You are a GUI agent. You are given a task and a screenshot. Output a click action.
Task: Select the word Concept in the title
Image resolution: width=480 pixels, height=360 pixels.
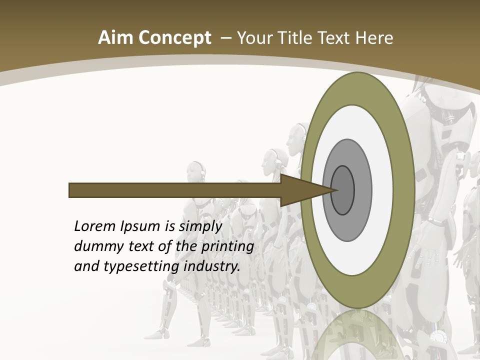click(x=174, y=38)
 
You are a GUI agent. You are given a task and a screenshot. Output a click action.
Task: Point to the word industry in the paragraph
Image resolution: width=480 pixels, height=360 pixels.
click(x=212, y=266)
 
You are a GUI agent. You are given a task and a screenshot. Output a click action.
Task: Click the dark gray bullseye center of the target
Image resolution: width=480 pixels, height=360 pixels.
click(x=343, y=190)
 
